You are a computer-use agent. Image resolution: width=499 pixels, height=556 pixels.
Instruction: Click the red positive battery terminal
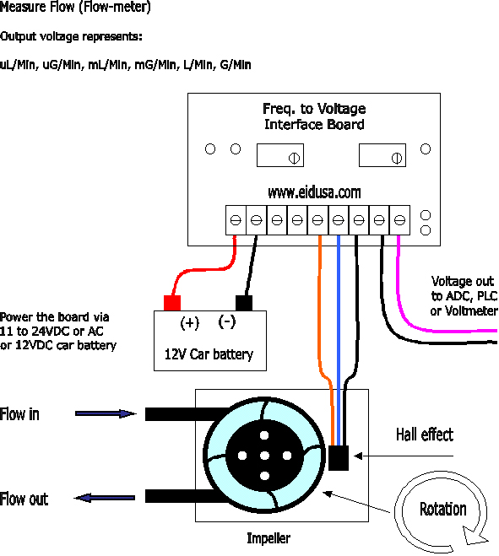pos(172,303)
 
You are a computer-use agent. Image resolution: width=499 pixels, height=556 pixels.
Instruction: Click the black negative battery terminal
pos(244,303)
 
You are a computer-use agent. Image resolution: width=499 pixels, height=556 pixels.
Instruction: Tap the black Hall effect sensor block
pos(339,458)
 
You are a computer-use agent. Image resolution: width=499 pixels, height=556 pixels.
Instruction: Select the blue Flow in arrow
pos(106,413)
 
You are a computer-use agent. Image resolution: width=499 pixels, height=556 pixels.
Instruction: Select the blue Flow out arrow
pos(105,498)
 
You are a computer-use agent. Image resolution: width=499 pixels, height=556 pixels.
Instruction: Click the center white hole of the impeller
pos(264,456)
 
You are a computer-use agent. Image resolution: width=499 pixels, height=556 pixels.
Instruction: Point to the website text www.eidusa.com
pos(314,192)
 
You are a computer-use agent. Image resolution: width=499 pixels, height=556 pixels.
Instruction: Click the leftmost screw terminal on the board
pos(236,220)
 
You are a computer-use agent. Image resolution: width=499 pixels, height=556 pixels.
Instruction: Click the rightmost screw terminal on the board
pos(399,220)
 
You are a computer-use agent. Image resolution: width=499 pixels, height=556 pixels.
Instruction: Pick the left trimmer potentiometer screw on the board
pos(294,158)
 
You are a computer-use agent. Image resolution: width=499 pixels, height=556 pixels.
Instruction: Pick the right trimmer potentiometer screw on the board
pos(397,158)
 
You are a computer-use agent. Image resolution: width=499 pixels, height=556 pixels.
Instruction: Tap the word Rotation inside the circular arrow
pos(443,510)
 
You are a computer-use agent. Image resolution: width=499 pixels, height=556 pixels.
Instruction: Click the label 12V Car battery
pos(209,354)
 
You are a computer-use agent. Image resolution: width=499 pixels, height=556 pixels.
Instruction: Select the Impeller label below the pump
pos(268,538)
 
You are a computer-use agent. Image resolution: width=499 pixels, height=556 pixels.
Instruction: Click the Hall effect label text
pos(425,435)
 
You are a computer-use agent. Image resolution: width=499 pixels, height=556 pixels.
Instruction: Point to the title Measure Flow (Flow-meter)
pos(75,7)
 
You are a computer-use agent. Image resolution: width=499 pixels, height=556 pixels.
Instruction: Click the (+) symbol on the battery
pos(190,323)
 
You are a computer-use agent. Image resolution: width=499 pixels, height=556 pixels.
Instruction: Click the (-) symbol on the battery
pos(227,321)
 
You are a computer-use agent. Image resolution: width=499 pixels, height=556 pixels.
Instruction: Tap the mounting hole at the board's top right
pos(426,149)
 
